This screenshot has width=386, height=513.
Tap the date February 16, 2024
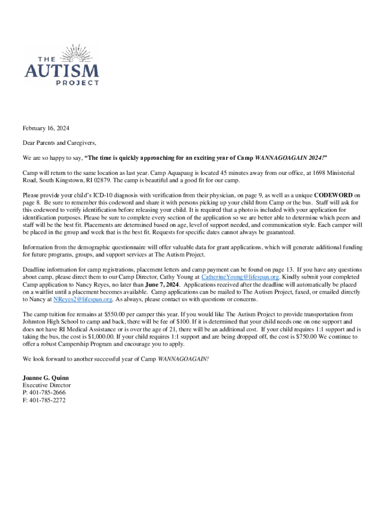click(46, 129)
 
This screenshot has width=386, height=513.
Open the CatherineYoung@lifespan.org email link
click(240, 277)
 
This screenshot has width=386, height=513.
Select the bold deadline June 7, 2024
click(163, 285)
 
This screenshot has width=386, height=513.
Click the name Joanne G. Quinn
click(46, 377)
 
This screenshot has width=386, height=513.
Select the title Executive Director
click(47, 385)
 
